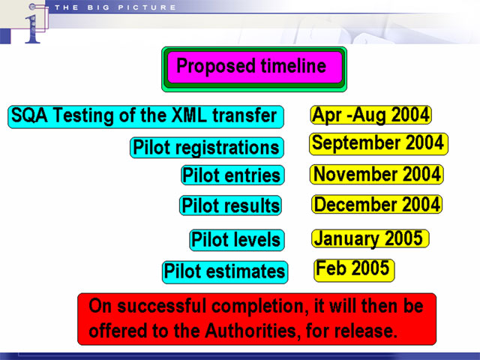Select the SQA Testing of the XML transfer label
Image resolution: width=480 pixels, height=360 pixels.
pyautogui.click(x=145, y=117)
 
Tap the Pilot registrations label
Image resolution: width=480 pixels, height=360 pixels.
pyautogui.click(x=207, y=148)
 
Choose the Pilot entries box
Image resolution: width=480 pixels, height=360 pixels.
pyautogui.click(x=232, y=175)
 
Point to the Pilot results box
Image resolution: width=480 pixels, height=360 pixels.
pyautogui.click(x=230, y=205)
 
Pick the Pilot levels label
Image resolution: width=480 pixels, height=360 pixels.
pyautogui.click(x=237, y=240)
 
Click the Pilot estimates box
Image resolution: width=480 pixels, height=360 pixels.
pyautogui.click(x=225, y=272)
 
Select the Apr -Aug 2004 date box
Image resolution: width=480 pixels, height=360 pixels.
pyautogui.click(x=371, y=115)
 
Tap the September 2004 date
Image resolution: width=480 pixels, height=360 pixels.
pyautogui.click(x=379, y=144)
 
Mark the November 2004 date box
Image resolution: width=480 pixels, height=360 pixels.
pyautogui.click(x=376, y=174)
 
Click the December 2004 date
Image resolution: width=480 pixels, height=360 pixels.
pyautogui.click(x=376, y=204)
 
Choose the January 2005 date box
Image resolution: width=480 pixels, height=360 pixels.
pyautogui.click(x=370, y=238)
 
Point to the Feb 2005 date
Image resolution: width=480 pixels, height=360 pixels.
pyautogui.click(x=354, y=270)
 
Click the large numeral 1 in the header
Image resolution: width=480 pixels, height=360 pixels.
pyautogui.click(x=33, y=29)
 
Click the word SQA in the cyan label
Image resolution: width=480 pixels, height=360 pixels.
pyautogui.click(x=29, y=115)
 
